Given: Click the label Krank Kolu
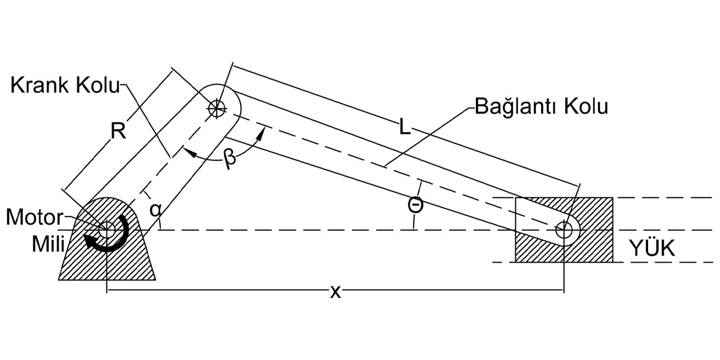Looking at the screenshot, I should click(x=65, y=87).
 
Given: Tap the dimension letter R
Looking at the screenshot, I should click(x=118, y=131).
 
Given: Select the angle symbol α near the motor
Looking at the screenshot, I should click(x=157, y=209).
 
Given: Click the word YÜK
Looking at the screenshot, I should click(x=652, y=249).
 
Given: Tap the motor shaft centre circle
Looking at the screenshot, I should click(x=106, y=229).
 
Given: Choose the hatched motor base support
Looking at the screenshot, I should click(x=107, y=264).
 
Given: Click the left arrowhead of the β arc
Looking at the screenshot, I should click(x=186, y=152).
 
